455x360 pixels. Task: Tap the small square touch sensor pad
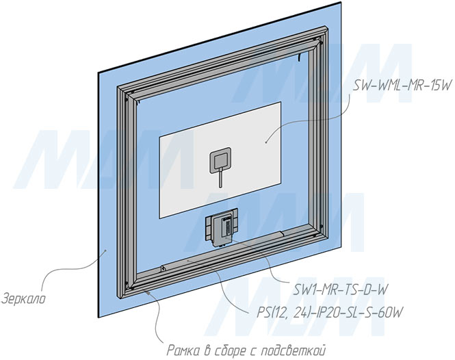pos(220,162)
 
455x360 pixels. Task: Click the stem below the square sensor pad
pos(220,179)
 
